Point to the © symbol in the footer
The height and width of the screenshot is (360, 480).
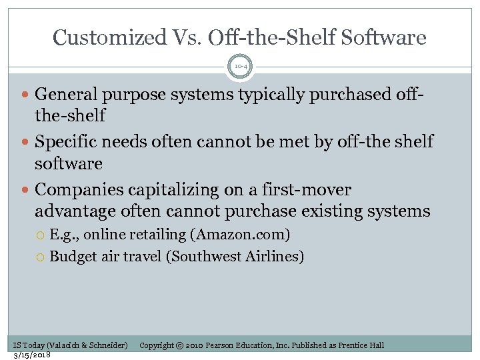[180, 345]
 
